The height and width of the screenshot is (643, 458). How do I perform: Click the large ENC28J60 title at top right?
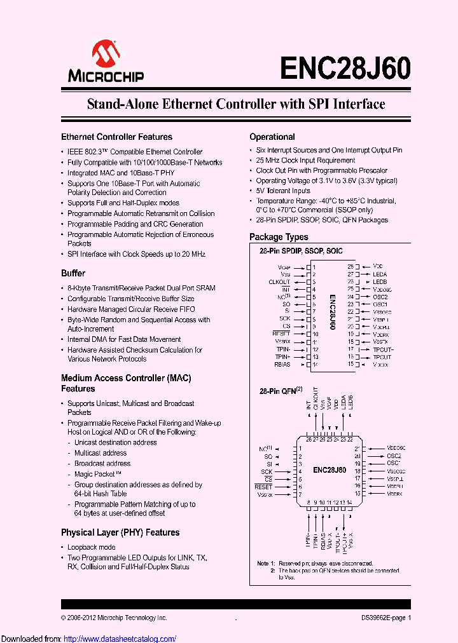(x=345, y=66)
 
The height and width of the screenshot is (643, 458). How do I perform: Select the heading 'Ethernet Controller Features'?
(x=116, y=137)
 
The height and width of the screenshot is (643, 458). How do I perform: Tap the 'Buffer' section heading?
(x=73, y=273)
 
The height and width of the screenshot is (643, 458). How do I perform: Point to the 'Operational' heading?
(x=272, y=137)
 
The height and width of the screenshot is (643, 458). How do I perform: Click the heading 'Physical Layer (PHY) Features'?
(x=120, y=532)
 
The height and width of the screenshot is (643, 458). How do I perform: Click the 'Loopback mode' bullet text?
(x=92, y=547)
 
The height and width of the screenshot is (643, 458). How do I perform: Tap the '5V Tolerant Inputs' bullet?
(x=283, y=191)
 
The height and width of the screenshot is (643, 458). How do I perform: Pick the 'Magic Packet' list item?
(x=97, y=474)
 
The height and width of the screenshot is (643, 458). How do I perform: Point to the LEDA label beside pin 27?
(x=380, y=274)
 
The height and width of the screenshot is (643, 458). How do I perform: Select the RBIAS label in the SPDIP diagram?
(x=282, y=365)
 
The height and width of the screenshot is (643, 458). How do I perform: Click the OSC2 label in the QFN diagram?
(x=394, y=456)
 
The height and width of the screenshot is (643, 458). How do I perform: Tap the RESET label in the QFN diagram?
(x=263, y=487)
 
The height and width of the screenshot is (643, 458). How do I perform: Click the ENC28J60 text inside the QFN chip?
(x=330, y=470)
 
